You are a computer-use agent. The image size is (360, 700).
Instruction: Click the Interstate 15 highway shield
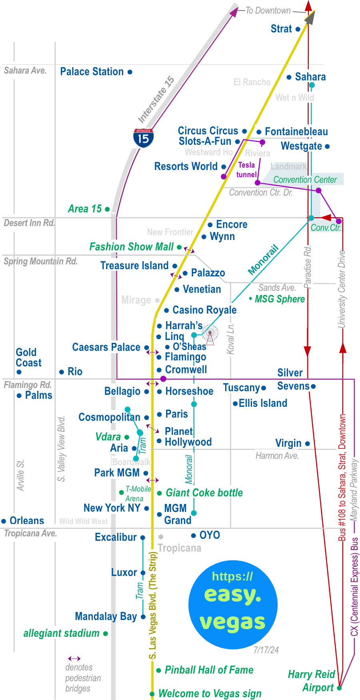143,138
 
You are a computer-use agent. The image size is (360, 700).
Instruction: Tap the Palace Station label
92,72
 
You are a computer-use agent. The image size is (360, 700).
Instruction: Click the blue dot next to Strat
298,29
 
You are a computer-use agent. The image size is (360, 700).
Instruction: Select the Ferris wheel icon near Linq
210,334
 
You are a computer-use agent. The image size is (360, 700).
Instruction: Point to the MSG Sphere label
280,299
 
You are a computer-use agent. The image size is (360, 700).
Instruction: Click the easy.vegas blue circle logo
233,604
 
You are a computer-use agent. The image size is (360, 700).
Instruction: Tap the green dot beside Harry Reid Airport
339,688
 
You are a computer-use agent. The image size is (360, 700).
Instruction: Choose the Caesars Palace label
106,347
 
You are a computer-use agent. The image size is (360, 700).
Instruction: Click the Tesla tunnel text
246,170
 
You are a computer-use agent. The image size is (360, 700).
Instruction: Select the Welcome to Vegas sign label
210,694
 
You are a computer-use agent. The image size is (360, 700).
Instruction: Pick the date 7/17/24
266,650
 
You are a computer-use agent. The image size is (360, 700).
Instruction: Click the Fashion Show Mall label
131,247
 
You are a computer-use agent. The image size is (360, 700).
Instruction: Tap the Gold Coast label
28,358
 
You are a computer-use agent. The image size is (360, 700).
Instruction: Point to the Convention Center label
305,180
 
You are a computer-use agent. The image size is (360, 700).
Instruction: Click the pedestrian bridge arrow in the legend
74,658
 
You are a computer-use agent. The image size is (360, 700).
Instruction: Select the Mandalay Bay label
106,616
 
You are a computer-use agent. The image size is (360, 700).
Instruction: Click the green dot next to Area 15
107,209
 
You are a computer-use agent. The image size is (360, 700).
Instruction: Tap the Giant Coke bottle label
204,493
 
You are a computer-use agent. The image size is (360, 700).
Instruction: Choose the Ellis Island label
263,403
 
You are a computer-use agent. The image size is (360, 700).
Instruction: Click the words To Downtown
268,11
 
